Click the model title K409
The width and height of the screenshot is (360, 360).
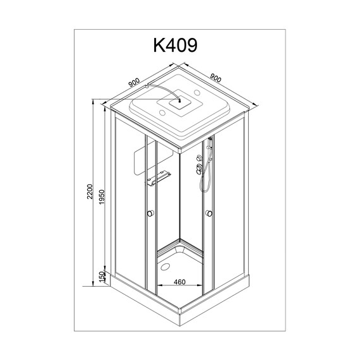176,45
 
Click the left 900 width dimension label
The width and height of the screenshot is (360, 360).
134,83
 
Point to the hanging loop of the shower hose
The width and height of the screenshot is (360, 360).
203,183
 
